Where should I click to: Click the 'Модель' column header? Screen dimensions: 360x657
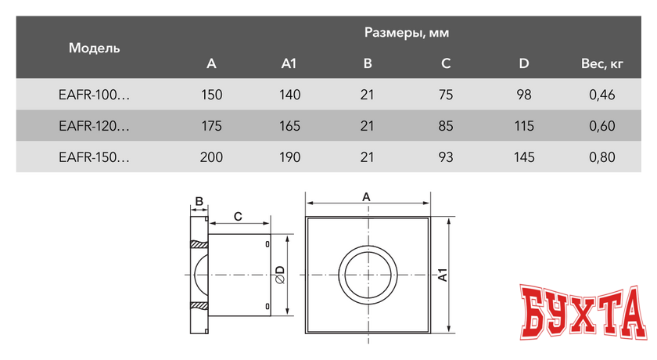(95, 48)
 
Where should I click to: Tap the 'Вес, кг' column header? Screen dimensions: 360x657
(601, 63)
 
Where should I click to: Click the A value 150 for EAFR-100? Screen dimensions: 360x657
(211, 95)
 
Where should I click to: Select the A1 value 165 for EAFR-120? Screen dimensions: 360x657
(289, 125)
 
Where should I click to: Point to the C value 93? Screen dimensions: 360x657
(446, 157)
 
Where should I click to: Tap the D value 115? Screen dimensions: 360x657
(524, 125)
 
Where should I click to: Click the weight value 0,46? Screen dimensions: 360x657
(601, 95)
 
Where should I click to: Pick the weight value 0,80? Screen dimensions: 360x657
(601, 157)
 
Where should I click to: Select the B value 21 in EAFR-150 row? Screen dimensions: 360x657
(368, 157)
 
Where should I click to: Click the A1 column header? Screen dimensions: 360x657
(289, 63)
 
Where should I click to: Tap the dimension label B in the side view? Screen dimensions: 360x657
(199, 202)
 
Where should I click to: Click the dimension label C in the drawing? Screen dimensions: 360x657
(238, 215)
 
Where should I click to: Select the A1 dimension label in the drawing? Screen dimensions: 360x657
(442, 275)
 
